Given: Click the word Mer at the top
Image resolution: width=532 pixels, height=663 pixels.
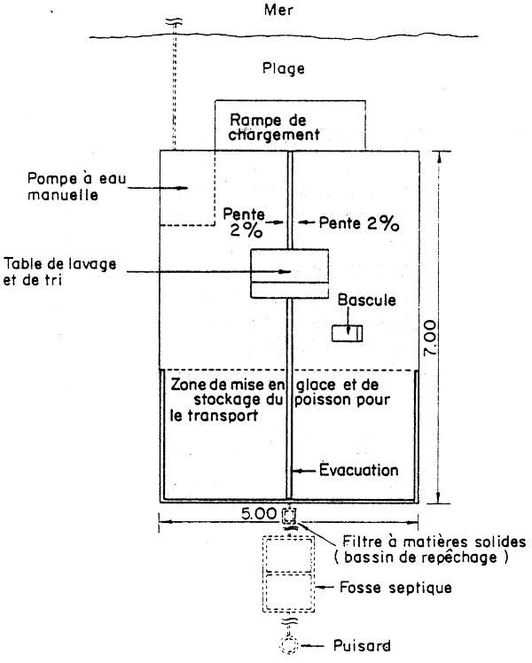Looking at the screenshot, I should tap(284, 13).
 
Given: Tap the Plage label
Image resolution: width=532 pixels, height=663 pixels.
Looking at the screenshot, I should tap(284, 67).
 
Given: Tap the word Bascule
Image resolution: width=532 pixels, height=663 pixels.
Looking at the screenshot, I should tap(363, 300).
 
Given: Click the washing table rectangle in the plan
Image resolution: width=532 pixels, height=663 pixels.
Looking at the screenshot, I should tap(289, 274).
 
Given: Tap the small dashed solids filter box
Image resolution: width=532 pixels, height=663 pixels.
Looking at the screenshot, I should tap(288, 516).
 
